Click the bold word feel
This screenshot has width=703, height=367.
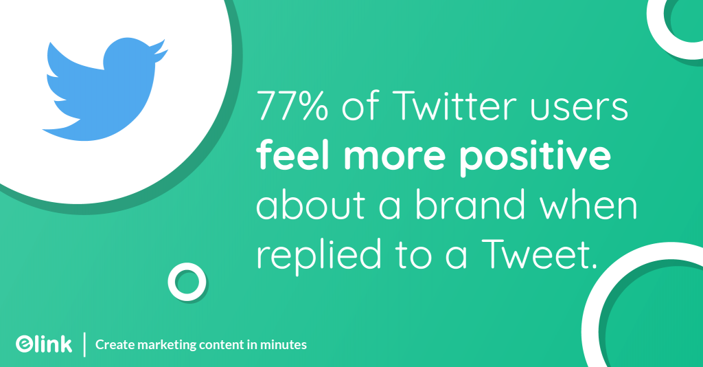292,157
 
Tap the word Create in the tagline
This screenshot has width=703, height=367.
111,344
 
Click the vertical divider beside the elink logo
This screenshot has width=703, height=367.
84,344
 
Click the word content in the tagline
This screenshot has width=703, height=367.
218,344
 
